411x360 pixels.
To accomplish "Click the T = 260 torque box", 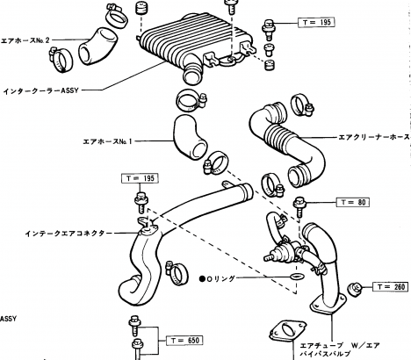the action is [390, 286].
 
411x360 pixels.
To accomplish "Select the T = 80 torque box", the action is [353, 202].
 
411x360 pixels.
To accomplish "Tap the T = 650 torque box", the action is [184, 340].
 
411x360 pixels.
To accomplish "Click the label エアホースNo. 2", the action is [25, 40].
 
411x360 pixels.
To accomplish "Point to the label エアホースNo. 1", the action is [108, 141].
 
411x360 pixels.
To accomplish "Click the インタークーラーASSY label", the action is [41, 90].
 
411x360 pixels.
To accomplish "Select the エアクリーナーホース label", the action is [374, 137].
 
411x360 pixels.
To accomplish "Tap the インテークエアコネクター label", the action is [68, 234].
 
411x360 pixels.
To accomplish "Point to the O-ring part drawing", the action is [297, 277].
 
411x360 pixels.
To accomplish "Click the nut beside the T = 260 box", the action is [355, 289].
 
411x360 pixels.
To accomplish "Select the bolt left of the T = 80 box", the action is [299, 207].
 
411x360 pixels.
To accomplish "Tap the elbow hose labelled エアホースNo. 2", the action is [97, 47].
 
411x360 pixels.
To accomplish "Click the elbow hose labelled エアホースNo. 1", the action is [190, 138].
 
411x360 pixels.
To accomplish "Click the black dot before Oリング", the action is [202, 279].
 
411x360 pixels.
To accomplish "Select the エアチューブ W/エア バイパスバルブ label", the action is [340, 349].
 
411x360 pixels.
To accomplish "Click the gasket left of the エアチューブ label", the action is [288, 332].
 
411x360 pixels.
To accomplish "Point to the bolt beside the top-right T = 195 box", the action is [269, 29].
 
